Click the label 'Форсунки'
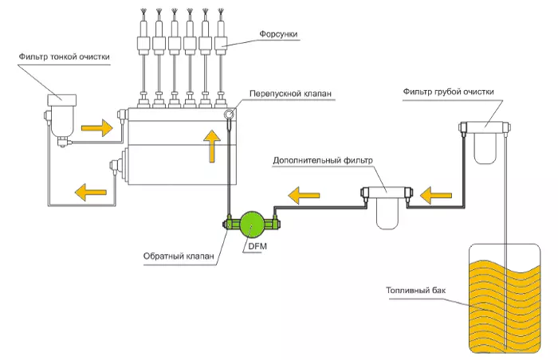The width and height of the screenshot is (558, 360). click(x=278, y=35)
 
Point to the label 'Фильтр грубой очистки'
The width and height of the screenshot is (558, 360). click(x=448, y=92)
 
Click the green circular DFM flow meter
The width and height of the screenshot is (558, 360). click(x=253, y=224)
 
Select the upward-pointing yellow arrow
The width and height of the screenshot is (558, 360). click(x=210, y=147)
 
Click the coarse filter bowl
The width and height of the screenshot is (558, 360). click(x=485, y=148)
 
